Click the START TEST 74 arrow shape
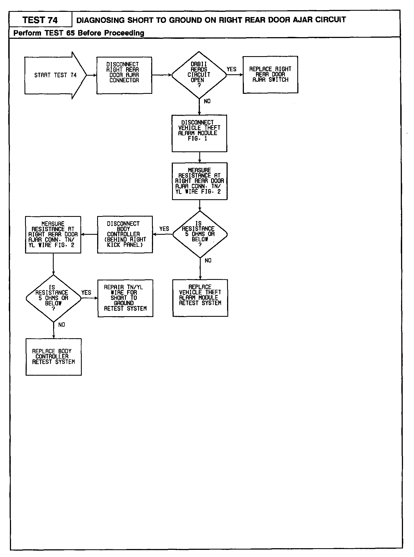(x=55, y=75)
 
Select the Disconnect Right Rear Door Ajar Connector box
(x=124, y=75)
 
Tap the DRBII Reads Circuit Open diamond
(x=199, y=75)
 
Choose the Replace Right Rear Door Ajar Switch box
(x=270, y=75)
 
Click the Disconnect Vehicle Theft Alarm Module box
(x=199, y=133)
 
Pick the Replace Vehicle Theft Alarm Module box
(x=200, y=298)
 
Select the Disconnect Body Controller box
(x=125, y=234)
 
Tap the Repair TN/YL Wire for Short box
(x=125, y=298)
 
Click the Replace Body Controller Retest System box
(x=53, y=357)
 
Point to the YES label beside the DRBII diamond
(x=231, y=69)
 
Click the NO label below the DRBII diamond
(x=207, y=101)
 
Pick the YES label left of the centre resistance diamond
(x=164, y=229)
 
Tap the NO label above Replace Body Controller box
(x=62, y=325)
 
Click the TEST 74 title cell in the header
(x=40, y=20)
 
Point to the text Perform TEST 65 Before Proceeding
(x=79, y=33)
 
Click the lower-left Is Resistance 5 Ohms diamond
(x=53, y=298)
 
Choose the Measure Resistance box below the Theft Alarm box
(x=200, y=181)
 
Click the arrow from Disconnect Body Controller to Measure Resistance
(x=89, y=234)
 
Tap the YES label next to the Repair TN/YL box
(x=86, y=293)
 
